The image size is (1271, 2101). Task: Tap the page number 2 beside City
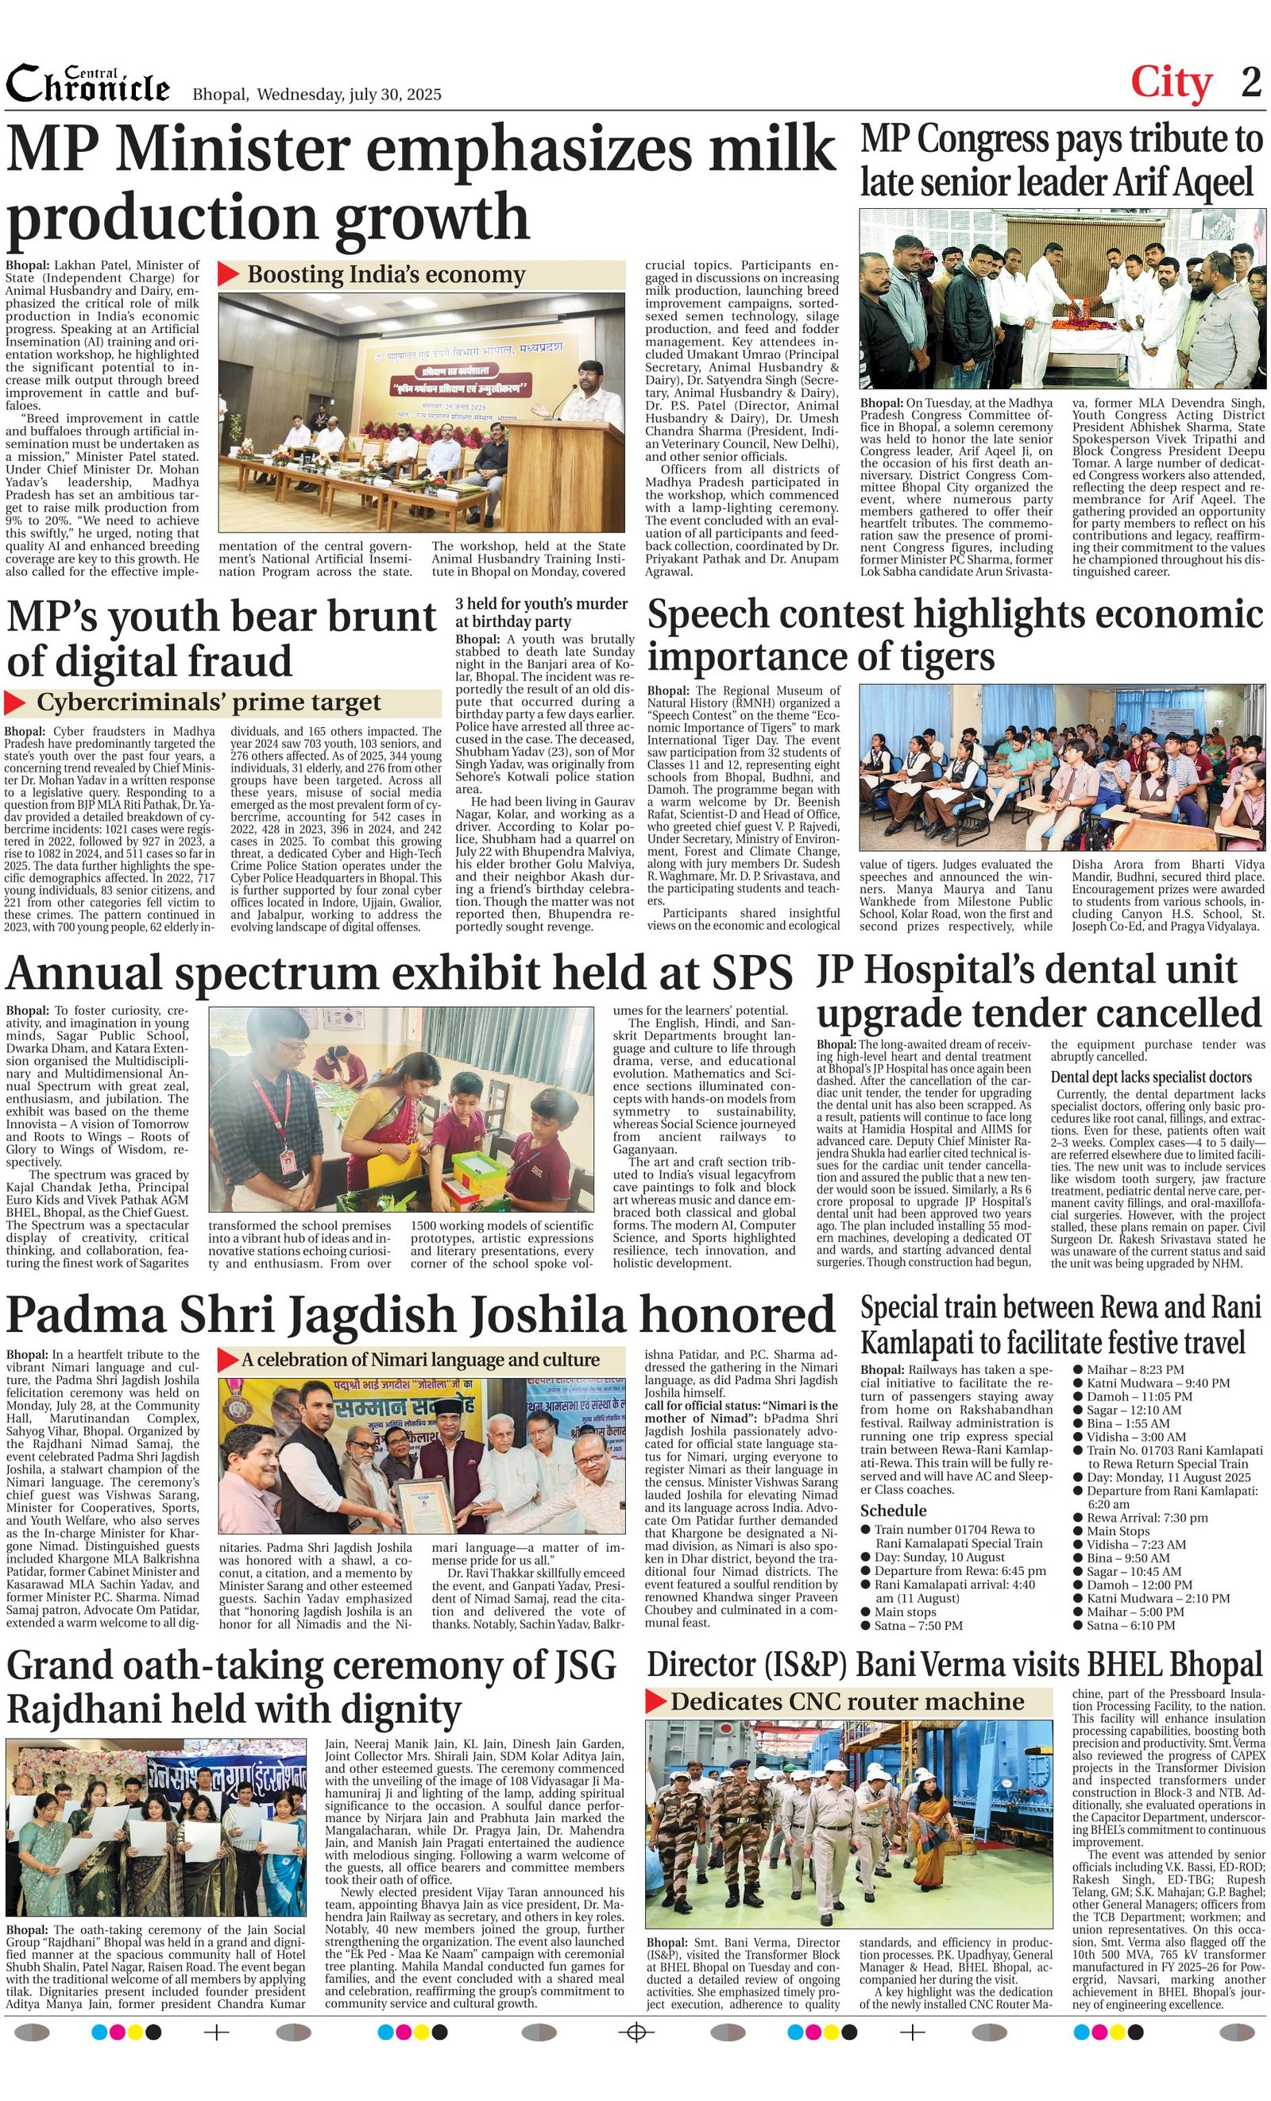tap(1250, 83)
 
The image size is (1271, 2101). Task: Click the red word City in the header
tap(1171, 83)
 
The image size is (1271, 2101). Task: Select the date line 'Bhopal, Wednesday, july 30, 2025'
tap(317, 95)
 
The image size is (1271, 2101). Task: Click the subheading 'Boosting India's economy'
tap(385, 275)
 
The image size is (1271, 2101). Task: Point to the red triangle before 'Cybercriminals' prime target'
tap(15, 702)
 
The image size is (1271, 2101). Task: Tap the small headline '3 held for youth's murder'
tap(541, 604)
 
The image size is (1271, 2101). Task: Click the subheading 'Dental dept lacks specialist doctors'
tap(1151, 1077)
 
